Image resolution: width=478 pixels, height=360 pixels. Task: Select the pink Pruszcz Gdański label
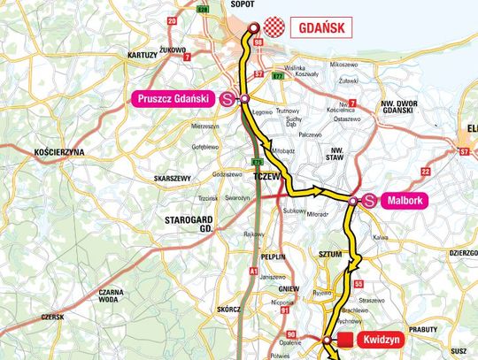172,98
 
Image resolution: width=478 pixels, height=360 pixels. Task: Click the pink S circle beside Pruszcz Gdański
227,99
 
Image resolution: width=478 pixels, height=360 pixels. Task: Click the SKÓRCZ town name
204,310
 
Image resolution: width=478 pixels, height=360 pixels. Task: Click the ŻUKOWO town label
172,50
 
